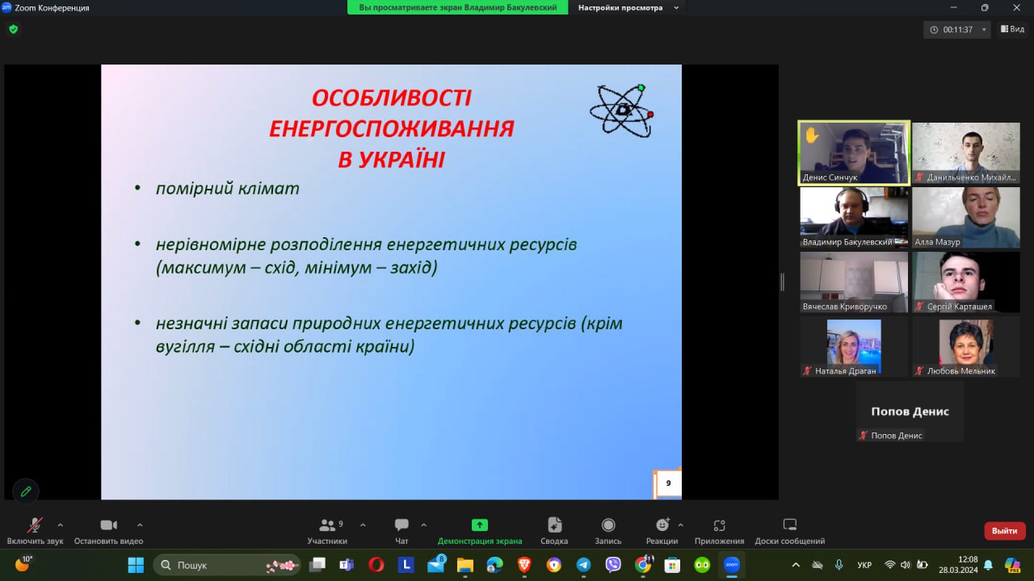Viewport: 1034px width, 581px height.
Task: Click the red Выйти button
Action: coord(1004,531)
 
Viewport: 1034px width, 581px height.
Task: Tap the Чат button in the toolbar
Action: coord(401,525)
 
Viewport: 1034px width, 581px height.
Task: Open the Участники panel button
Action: coord(327,525)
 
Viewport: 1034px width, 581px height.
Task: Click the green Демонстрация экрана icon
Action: coord(480,525)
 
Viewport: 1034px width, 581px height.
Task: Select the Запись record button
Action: coord(608,525)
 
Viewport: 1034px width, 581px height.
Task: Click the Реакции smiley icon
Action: coord(662,525)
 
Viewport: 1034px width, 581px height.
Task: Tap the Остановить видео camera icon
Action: coord(109,525)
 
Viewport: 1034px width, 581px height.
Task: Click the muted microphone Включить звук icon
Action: coord(35,525)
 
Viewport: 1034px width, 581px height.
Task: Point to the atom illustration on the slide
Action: coord(622,111)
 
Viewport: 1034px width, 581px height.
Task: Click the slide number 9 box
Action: coord(668,483)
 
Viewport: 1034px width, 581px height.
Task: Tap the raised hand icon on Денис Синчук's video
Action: coord(812,136)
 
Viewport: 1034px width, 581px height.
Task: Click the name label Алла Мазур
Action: coord(937,242)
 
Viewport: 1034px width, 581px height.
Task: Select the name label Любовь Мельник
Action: coord(961,371)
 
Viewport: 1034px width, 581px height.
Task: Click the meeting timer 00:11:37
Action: coord(957,30)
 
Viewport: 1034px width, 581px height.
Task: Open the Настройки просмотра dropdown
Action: coord(628,8)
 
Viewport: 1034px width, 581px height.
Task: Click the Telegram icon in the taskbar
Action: coord(583,565)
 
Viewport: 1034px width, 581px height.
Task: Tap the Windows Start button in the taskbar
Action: coord(136,565)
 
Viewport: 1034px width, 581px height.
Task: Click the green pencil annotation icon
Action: coord(26,491)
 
